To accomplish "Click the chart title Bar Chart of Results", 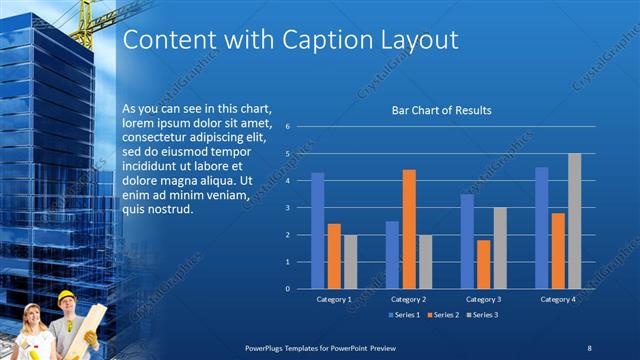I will (x=440, y=110).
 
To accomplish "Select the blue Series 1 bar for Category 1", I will (x=318, y=230).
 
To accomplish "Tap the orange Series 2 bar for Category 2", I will (x=408, y=229).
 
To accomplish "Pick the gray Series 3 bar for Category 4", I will (x=574, y=221).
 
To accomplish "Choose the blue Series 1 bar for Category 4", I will (x=541, y=228).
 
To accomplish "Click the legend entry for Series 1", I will (x=402, y=315).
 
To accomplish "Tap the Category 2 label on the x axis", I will (x=408, y=299).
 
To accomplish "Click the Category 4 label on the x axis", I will (x=557, y=299).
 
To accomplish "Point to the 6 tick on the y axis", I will (x=287, y=127).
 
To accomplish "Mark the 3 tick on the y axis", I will (x=287, y=208).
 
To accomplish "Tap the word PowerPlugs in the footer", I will (x=266, y=346).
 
